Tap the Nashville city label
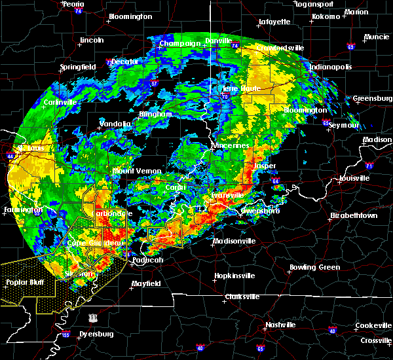[280, 325]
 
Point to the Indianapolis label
[331, 67]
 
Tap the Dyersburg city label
[96, 334]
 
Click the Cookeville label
[374, 325]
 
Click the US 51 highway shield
[94, 317]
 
